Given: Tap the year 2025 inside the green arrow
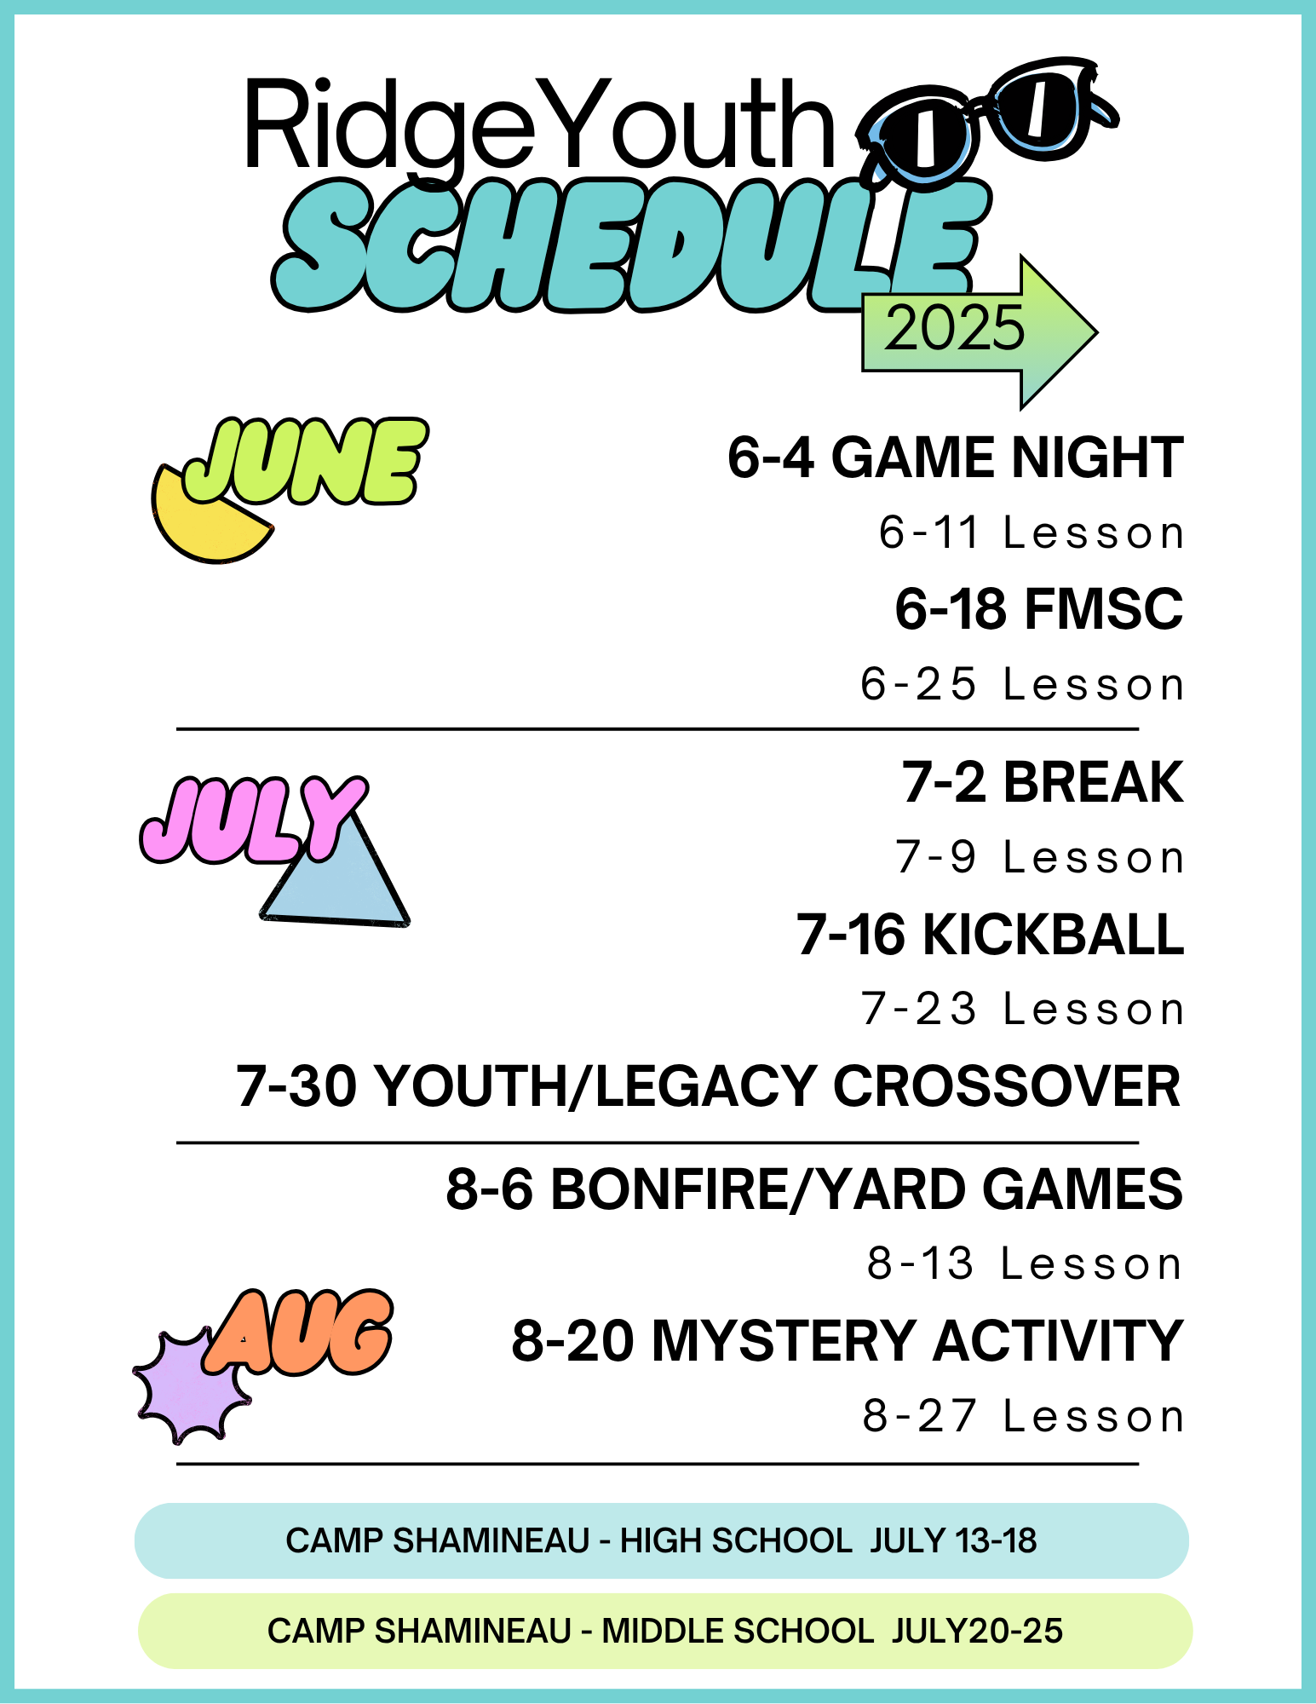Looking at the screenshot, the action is click(x=954, y=328).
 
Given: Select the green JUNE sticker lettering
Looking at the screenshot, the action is click(x=305, y=461).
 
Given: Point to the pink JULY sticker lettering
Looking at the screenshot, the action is click(x=254, y=820).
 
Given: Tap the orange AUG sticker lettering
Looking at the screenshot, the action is click(x=298, y=1333).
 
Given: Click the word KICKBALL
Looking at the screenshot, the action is click(x=1054, y=935).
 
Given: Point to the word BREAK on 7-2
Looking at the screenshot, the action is click(x=1094, y=782).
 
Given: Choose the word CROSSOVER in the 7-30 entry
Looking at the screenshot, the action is click(x=1007, y=1086).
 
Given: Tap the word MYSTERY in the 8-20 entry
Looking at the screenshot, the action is click(x=784, y=1341).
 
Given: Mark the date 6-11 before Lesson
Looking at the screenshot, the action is click(x=928, y=532).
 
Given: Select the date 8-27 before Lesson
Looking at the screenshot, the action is click(x=919, y=1416).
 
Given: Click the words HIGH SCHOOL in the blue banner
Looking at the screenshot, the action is click(x=736, y=1540).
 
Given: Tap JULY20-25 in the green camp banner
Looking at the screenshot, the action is click(x=978, y=1631).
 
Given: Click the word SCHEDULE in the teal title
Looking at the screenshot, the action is click(x=630, y=247).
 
